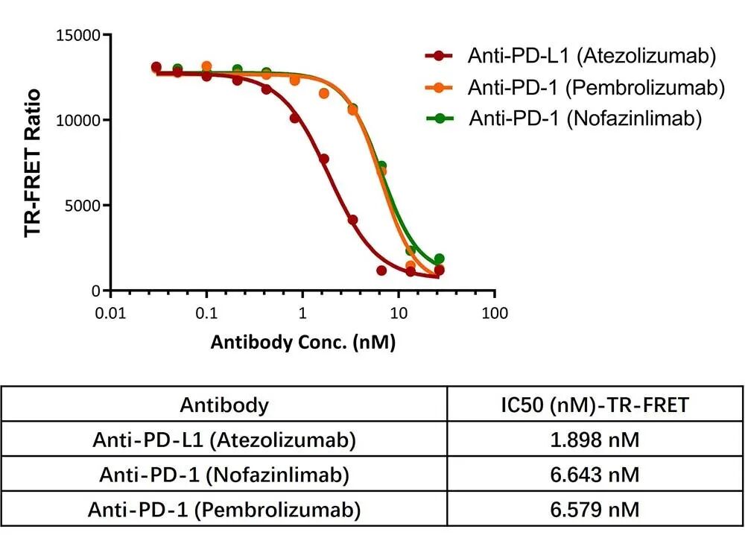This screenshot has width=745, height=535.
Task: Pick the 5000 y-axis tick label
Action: point(83,206)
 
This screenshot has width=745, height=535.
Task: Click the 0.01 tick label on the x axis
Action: point(110,313)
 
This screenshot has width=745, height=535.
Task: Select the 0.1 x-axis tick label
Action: point(206,313)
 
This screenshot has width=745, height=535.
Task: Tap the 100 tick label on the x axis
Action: point(495,313)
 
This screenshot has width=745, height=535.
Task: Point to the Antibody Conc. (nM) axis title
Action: point(302,343)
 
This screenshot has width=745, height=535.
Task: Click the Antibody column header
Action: point(224,405)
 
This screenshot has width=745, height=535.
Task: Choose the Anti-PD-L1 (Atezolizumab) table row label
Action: point(224,440)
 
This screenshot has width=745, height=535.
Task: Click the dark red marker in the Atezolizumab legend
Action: point(440,56)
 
